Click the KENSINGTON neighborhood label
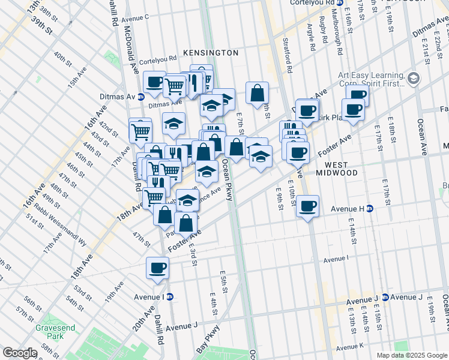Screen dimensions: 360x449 point(211,53)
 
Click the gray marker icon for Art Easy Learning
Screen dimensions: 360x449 point(413,79)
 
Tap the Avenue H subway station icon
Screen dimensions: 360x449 point(370,209)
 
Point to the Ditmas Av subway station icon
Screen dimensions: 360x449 point(141,97)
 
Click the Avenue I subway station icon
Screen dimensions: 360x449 point(170,296)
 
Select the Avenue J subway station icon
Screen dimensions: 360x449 point(385,297)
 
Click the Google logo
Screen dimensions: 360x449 point(20,353)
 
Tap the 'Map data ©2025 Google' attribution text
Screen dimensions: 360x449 point(411,355)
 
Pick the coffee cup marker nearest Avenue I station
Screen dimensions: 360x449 point(158,268)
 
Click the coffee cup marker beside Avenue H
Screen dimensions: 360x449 point(307,206)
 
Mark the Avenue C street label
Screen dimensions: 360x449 point(134,17)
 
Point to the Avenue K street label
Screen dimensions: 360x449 point(350,347)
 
